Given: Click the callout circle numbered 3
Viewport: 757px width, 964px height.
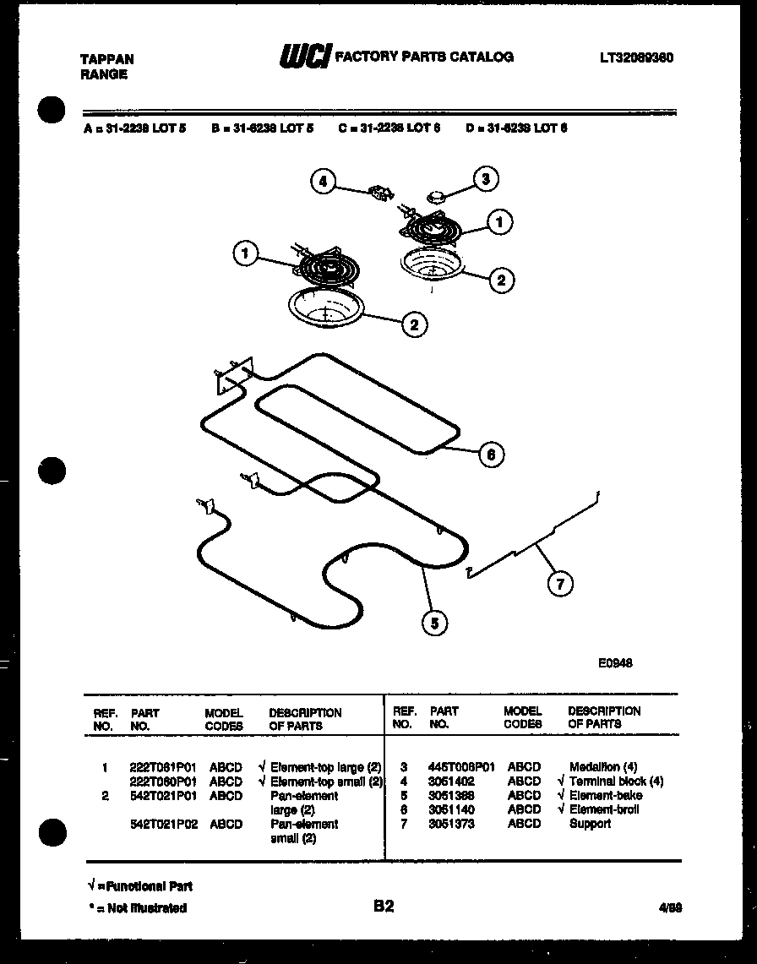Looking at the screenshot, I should click(485, 179).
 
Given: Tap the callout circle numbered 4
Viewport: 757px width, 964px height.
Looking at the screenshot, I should click(323, 182).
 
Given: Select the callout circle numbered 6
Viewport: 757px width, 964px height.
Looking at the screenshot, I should click(491, 455).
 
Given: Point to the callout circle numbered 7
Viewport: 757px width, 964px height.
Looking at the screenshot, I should click(558, 583).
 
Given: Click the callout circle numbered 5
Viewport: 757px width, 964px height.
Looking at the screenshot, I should click(434, 624).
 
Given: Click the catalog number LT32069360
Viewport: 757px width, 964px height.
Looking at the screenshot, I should click(636, 57).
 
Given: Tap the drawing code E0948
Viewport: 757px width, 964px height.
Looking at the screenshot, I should click(615, 663).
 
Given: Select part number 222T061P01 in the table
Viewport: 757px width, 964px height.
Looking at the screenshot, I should click(163, 768).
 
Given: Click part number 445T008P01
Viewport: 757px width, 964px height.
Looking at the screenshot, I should click(461, 767).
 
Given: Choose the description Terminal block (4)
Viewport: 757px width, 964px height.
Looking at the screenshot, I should click(616, 782).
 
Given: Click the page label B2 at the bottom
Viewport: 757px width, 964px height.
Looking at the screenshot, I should click(384, 907).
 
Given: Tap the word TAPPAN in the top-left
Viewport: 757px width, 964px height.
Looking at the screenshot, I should click(106, 59).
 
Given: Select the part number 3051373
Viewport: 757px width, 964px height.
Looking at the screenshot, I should click(451, 823).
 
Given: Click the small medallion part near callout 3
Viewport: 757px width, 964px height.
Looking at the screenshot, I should click(438, 197).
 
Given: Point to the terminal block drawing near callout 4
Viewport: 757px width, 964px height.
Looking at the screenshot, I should click(378, 193).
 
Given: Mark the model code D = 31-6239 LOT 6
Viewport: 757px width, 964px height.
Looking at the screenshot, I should click(516, 128).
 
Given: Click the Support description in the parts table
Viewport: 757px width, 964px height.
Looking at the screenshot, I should click(590, 823).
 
